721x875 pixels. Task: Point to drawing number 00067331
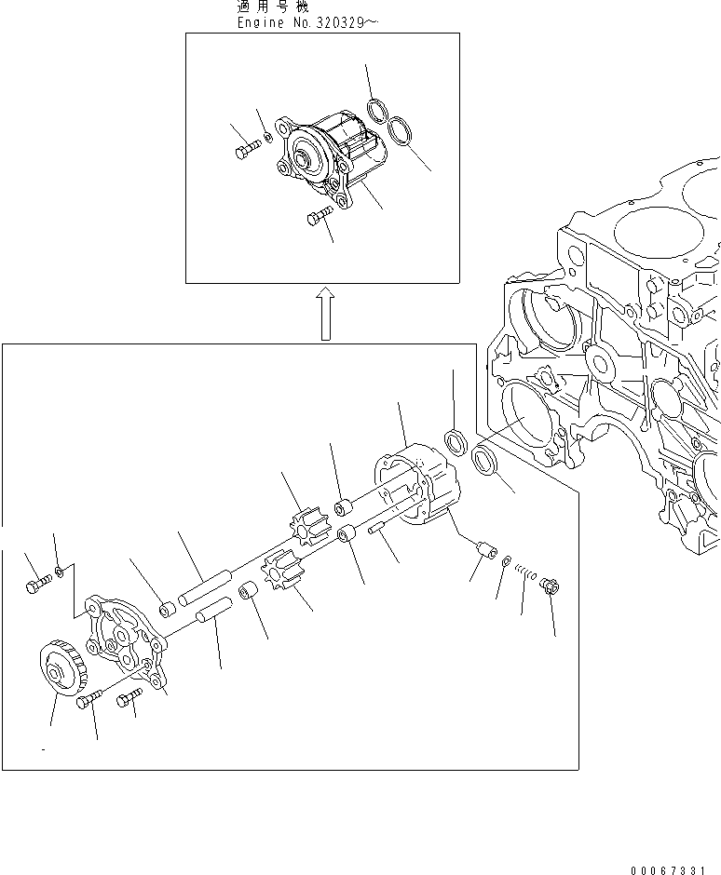coord(675,870)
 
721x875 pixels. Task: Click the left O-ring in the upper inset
coord(376,112)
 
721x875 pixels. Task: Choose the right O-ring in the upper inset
coord(401,130)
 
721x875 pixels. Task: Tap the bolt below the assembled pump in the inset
coord(317,217)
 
